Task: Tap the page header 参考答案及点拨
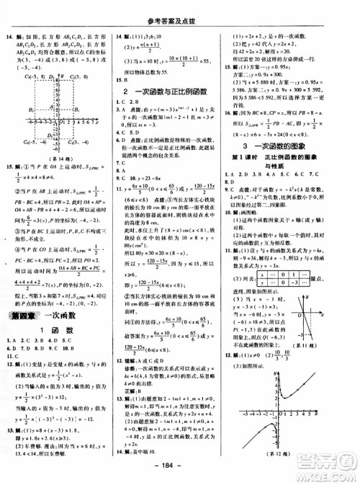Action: click(179, 6)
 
